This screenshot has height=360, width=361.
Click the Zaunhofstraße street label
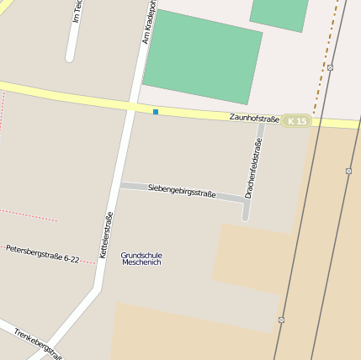pyautogui.click(x=254, y=119)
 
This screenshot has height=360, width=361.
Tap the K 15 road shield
pyautogui.click(x=296, y=121)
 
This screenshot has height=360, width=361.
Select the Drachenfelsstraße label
pyautogui.click(x=252, y=168)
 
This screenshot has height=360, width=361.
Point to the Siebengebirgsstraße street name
pyautogui.click(x=182, y=191)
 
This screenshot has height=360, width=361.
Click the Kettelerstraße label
pyautogui.click(x=106, y=235)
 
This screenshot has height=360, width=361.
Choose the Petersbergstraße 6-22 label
pyautogui.click(x=42, y=254)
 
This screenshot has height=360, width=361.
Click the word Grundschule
pyautogui.click(x=141, y=255)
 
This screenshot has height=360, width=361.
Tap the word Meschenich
pyautogui.click(x=141, y=262)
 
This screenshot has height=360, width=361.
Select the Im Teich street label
pyautogui.click(x=77, y=10)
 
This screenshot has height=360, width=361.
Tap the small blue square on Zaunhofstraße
pyautogui.click(x=156, y=111)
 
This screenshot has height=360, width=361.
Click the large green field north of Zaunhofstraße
pyautogui.click(x=202, y=57)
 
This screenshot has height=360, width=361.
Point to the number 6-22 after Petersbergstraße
pyautogui.click(x=66, y=258)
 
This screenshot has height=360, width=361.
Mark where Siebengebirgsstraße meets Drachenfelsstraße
pyautogui.click(x=247, y=200)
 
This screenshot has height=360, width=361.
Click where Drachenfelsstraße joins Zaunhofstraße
pyautogui.click(x=263, y=121)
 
